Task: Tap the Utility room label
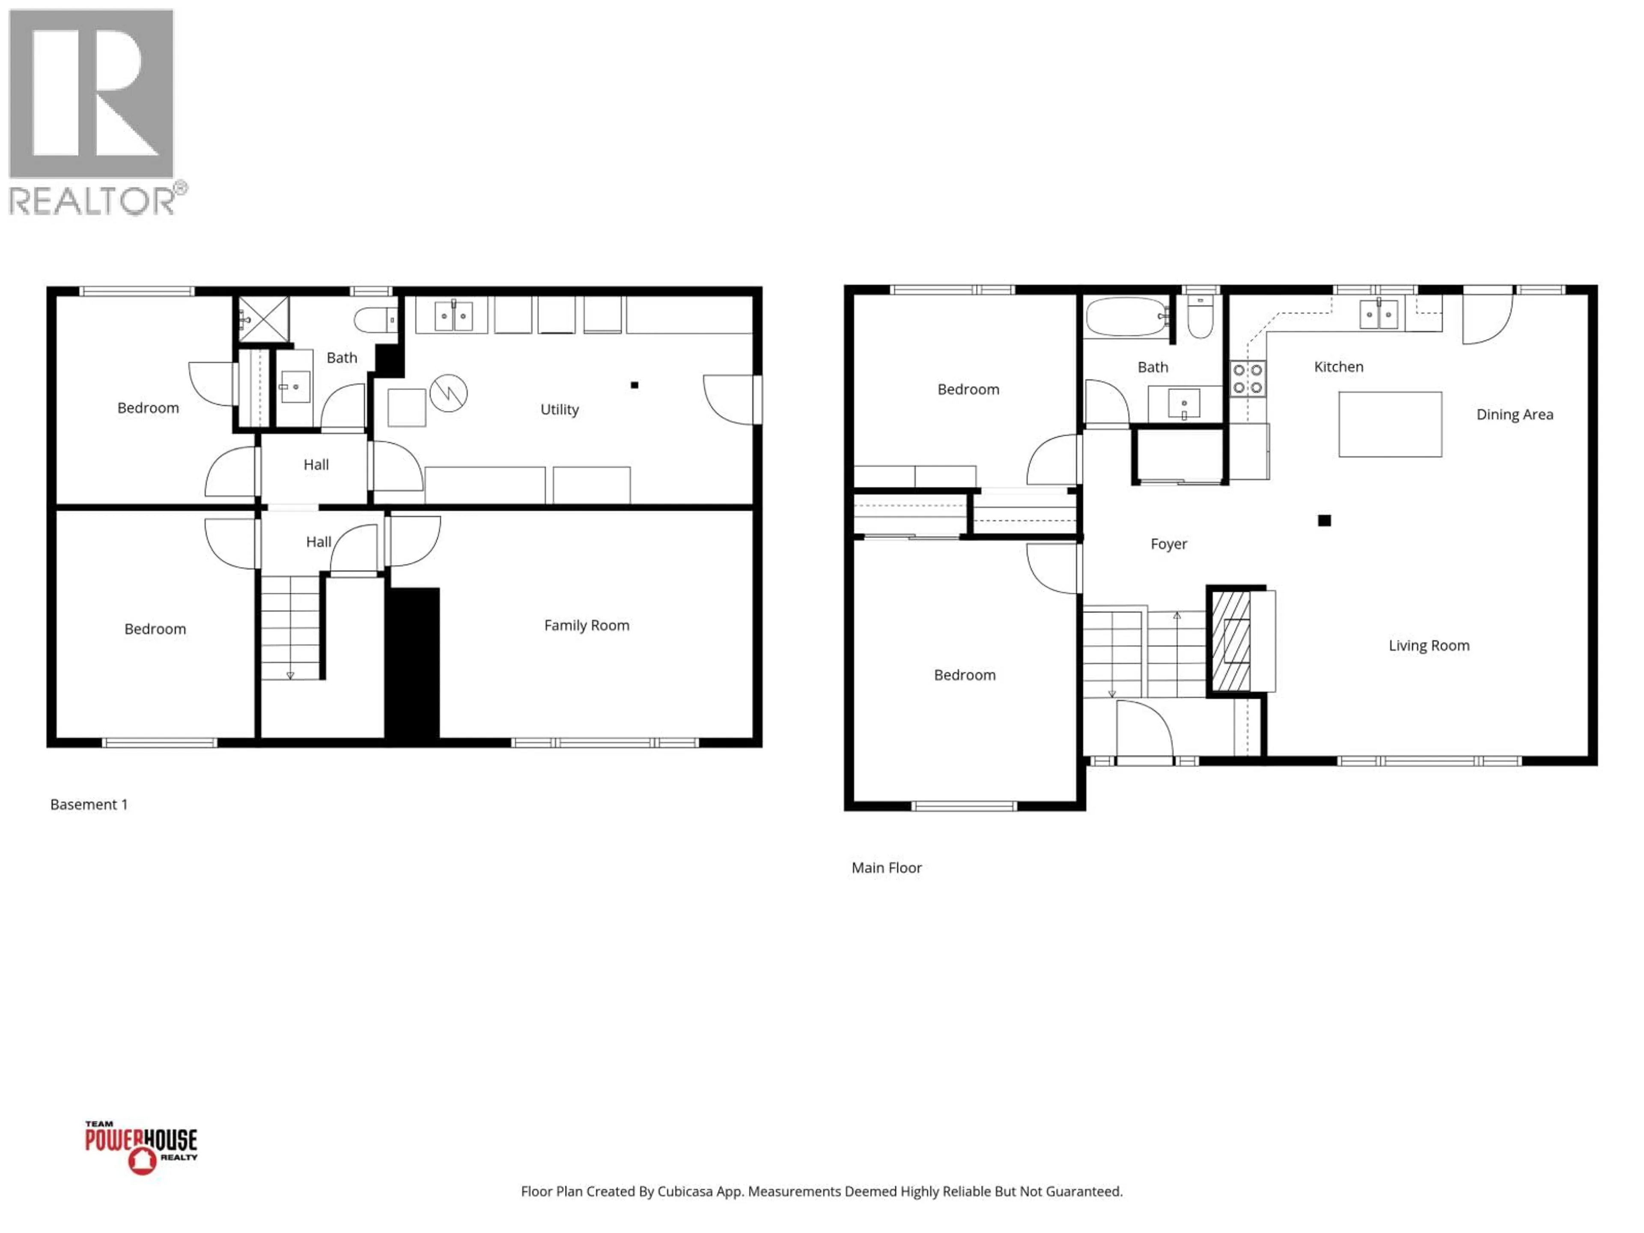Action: click(559, 410)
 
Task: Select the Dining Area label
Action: click(1514, 415)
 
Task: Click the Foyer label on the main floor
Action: click(1168, 544)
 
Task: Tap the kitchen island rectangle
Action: click(1390, 424)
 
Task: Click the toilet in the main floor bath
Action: click(1200, 318)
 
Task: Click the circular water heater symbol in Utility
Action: click(448, 393)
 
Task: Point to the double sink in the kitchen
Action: click(1379, 314)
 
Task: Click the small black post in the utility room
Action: click(634, 385)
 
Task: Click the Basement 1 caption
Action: click(89, 804)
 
